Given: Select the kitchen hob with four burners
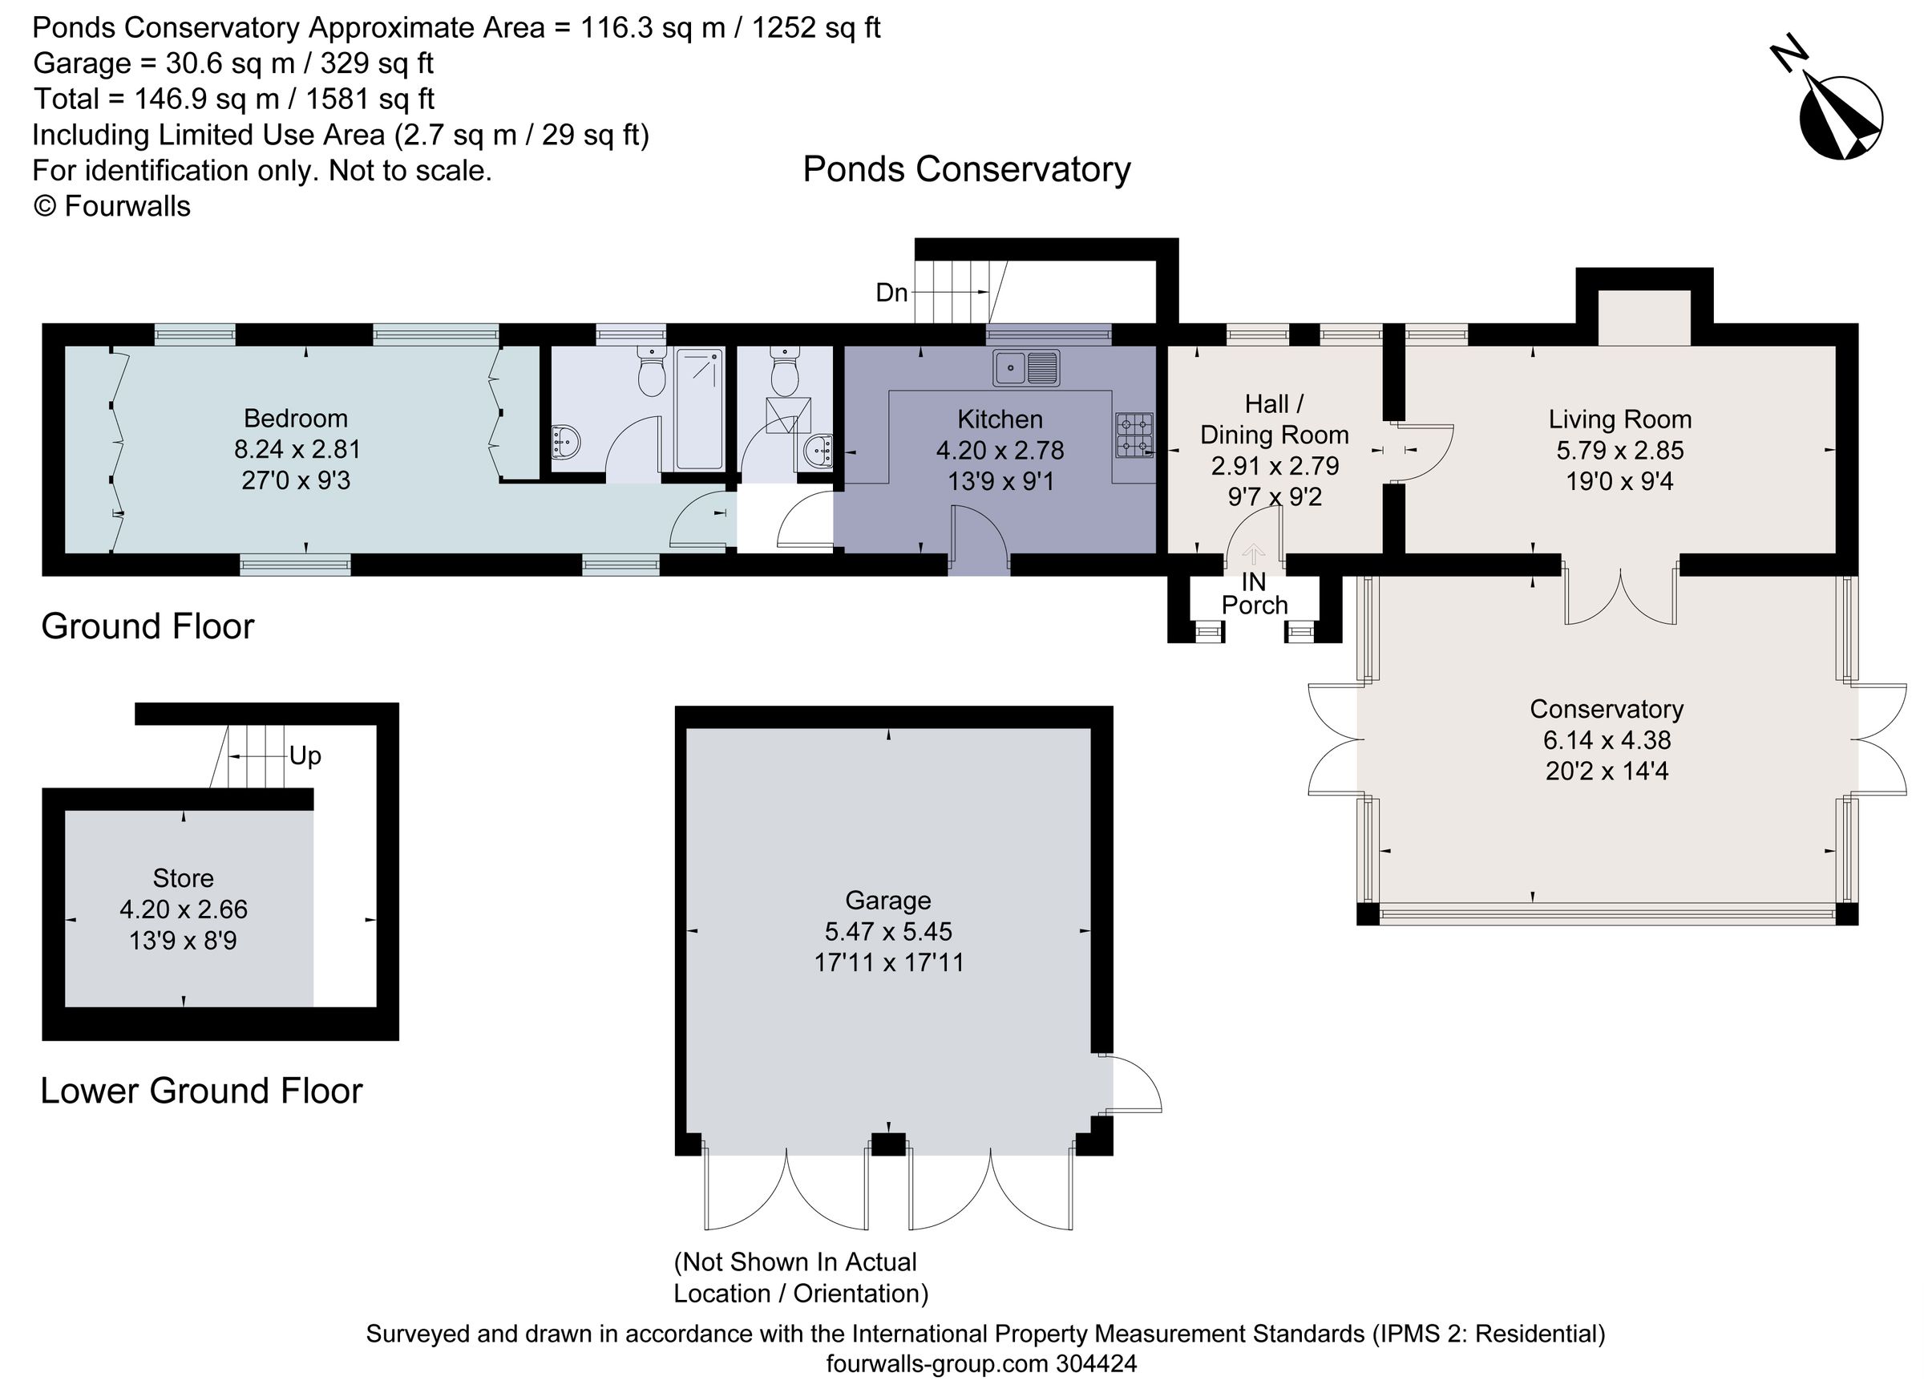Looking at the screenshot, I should click(x=1134, y=435).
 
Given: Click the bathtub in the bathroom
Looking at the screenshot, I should click(x=700, y=408).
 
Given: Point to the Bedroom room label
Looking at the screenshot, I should click(x=295, y=419).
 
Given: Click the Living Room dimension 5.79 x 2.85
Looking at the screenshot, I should click(x=1619, y=451).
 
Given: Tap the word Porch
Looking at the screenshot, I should click(x=1254, y=606).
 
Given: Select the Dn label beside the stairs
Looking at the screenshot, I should click(x=891, y=294).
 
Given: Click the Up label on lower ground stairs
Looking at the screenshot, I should click(x=305, y=756).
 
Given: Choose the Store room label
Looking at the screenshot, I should click(x=183, y=878).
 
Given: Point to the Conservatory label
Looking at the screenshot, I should click(x=1606, y=710).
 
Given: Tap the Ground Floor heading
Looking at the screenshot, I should click(x=148, y=627).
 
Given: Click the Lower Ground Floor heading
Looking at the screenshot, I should click(x=201, y=1091).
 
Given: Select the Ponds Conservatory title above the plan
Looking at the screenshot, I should click(x=966, y=170).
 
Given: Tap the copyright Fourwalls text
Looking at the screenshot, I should click(x=111, y=206).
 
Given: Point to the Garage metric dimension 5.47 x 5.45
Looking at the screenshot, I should click(x=888, y=932).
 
